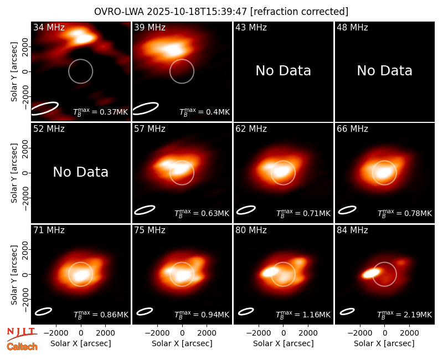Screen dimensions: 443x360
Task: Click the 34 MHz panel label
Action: (x=49, y=27)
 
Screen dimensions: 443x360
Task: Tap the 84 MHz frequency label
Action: (x=352, y=230)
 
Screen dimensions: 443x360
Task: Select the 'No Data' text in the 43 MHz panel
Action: (x=283, y=71)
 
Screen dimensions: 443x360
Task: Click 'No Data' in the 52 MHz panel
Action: (x=80, y=172)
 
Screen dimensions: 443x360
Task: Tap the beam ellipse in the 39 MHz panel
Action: (x=146, y=109)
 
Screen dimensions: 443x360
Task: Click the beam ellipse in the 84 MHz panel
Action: (x=347, y=311)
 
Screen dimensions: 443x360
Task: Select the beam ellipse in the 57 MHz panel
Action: (x=145, y=210)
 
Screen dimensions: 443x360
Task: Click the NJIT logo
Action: (x=22, y=333)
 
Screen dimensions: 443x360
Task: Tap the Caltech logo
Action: (x=22, y=347)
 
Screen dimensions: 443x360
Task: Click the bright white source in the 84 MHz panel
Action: (x=371, y=273)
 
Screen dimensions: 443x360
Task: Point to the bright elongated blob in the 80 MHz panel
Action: (x=270, y=272)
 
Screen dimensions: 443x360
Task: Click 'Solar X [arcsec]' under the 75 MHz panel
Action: (x=182, y=343)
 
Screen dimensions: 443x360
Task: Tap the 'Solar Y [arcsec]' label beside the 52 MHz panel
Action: (x=14, y=173)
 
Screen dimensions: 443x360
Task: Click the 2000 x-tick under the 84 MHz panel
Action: (x=409, y=333)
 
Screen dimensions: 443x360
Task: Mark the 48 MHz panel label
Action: (x=352, y=27)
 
